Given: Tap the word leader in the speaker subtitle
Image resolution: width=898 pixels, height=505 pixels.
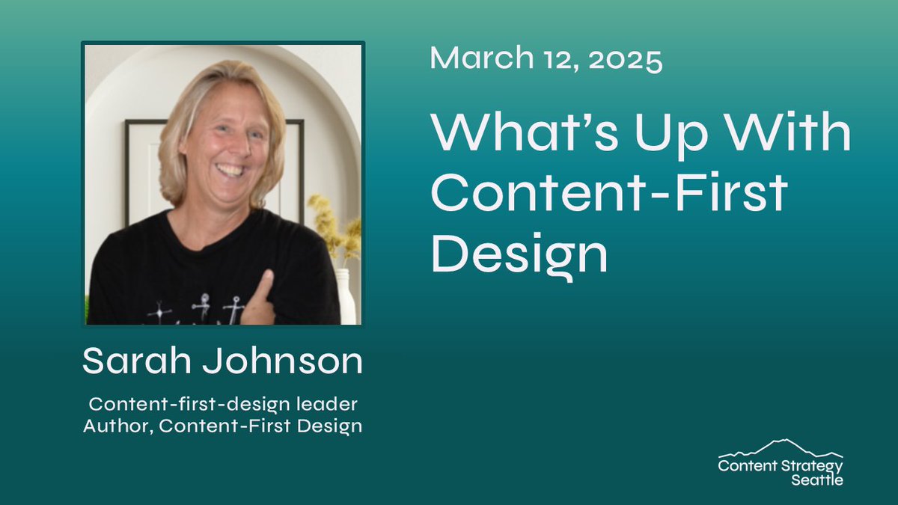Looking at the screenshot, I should tap(326, 405).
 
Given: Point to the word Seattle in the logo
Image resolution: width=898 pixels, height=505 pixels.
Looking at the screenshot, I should tap(817, 480).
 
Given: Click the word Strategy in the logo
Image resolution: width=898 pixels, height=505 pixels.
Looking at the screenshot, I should tap(813, 465).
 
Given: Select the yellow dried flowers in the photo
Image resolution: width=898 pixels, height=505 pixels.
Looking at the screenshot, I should tap(334, 228).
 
